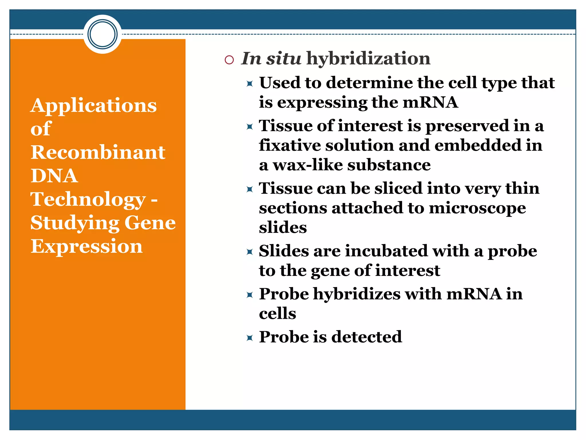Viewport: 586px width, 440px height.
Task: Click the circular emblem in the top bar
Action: pyautogui.click(x=102, y=34)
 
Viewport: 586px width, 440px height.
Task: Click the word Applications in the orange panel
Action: pyautogui.click(x=94, y=105)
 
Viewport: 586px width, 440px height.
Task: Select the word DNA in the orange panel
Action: pyautogui.click(x=54, y=176)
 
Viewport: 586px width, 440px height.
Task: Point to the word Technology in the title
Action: pyautogui.click(x=88, y=199)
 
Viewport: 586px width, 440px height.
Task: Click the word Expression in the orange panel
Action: pyautogui.click(x=86, y=246)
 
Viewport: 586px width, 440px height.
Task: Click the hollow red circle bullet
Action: pyautogui.click(x=229, y=60)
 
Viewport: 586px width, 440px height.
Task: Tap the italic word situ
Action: pyautogui.click(x=283, y=58)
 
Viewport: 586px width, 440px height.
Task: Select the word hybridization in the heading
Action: pyautogui.click(x=368, y=58)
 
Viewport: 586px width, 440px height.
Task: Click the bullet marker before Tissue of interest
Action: pyautogui.click(x=250, y=126)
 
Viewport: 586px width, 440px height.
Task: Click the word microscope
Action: pyautogui.click(x=477, y=208)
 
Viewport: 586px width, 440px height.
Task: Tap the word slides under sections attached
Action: pyautogui.click(x=283, y=228)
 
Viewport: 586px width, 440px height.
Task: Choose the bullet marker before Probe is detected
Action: pyautogui.click(x=250, y=338)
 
